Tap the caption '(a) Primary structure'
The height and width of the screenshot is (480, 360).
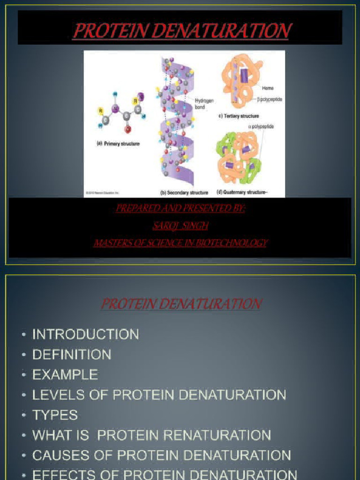click(118, 144)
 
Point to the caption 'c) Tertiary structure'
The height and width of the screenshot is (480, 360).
click(238, 116)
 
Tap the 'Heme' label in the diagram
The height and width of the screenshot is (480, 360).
click(268, 88)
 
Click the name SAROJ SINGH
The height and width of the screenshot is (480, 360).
click(180, 226)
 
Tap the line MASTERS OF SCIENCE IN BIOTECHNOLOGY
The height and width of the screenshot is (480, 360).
click(180, 243)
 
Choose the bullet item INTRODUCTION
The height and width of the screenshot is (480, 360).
click(85, 334)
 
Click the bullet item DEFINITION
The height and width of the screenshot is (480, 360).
click(72, 354)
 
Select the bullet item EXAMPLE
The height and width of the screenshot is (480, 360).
click(65, 375)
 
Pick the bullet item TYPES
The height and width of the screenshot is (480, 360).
click(55, 415)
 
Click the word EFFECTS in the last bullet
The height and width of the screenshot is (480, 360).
click(59, 474)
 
